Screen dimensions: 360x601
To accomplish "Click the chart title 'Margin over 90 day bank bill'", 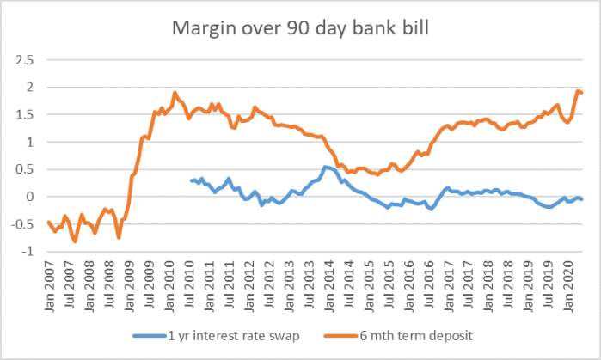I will point(301,30).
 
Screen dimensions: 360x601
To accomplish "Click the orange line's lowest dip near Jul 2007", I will point(75,241).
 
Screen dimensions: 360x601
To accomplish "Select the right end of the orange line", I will point(583,93).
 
